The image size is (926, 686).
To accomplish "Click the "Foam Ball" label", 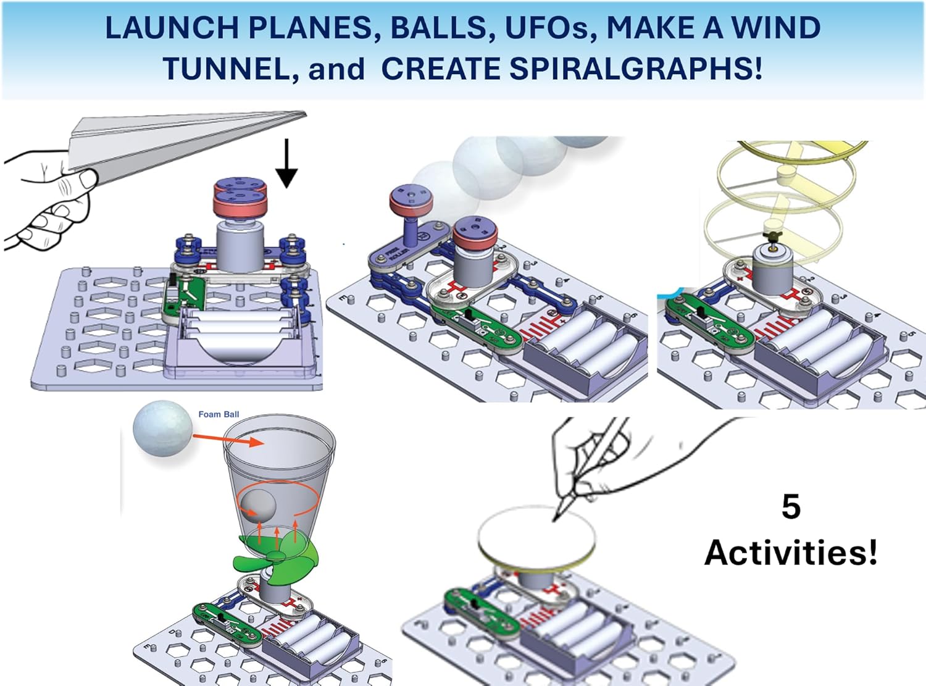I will click(219, 414).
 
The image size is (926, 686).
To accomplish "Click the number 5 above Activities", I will click(791, 507).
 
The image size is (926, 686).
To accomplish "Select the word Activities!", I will click(791, 551).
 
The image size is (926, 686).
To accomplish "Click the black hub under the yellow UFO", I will click(772, 236).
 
